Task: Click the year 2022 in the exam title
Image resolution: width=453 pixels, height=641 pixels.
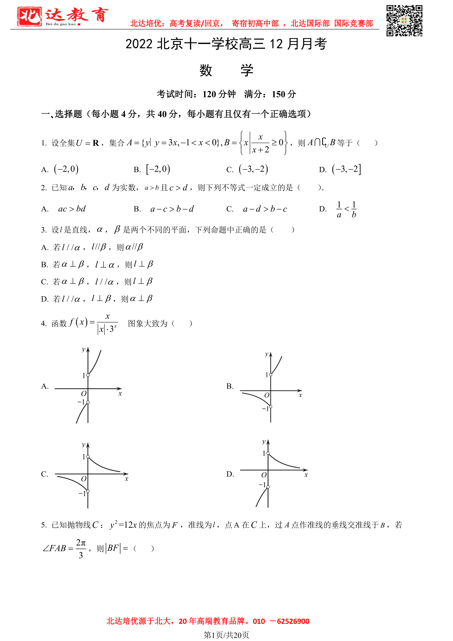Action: [139, 44]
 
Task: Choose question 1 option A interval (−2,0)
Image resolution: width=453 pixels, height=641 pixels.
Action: [66, 169]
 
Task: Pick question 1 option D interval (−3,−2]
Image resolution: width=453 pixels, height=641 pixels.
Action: [346, 169]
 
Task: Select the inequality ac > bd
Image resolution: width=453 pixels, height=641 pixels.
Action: [72, 209]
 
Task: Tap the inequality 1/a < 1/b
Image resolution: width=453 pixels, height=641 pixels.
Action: [346, 209]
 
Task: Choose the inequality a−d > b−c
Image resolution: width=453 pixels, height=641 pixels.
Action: [265, 209]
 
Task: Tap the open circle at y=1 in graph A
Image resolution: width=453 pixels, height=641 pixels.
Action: [88, 375]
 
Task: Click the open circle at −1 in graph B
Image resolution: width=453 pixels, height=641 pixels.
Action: [271, 407]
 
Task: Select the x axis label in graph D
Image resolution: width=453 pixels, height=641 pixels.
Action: [306, 475]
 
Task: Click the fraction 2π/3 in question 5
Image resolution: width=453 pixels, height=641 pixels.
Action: [81, 549]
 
